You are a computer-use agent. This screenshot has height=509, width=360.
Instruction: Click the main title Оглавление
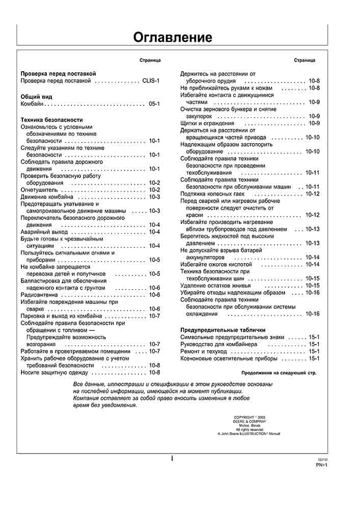tap(173, 37)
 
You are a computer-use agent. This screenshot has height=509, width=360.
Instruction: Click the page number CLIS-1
tap(151, 81)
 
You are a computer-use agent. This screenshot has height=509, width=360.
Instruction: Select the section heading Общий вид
tap(36, 96)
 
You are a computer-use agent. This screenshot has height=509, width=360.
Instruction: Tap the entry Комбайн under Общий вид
tap(32, 104)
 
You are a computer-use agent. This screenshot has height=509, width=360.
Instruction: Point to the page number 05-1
tap(154, 104)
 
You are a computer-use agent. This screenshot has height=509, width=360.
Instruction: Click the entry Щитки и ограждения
tap(207, 123)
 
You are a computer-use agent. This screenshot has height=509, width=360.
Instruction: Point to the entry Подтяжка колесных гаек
tap(212, 194)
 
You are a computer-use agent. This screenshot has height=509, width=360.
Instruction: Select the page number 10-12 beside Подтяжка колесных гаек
tap(312, 194)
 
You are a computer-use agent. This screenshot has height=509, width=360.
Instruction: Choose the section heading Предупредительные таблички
tap(223, 330)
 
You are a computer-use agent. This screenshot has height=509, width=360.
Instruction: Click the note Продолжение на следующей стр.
tap(279, 373)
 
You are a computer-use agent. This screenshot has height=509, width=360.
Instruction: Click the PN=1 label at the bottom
tap(321, 465)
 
